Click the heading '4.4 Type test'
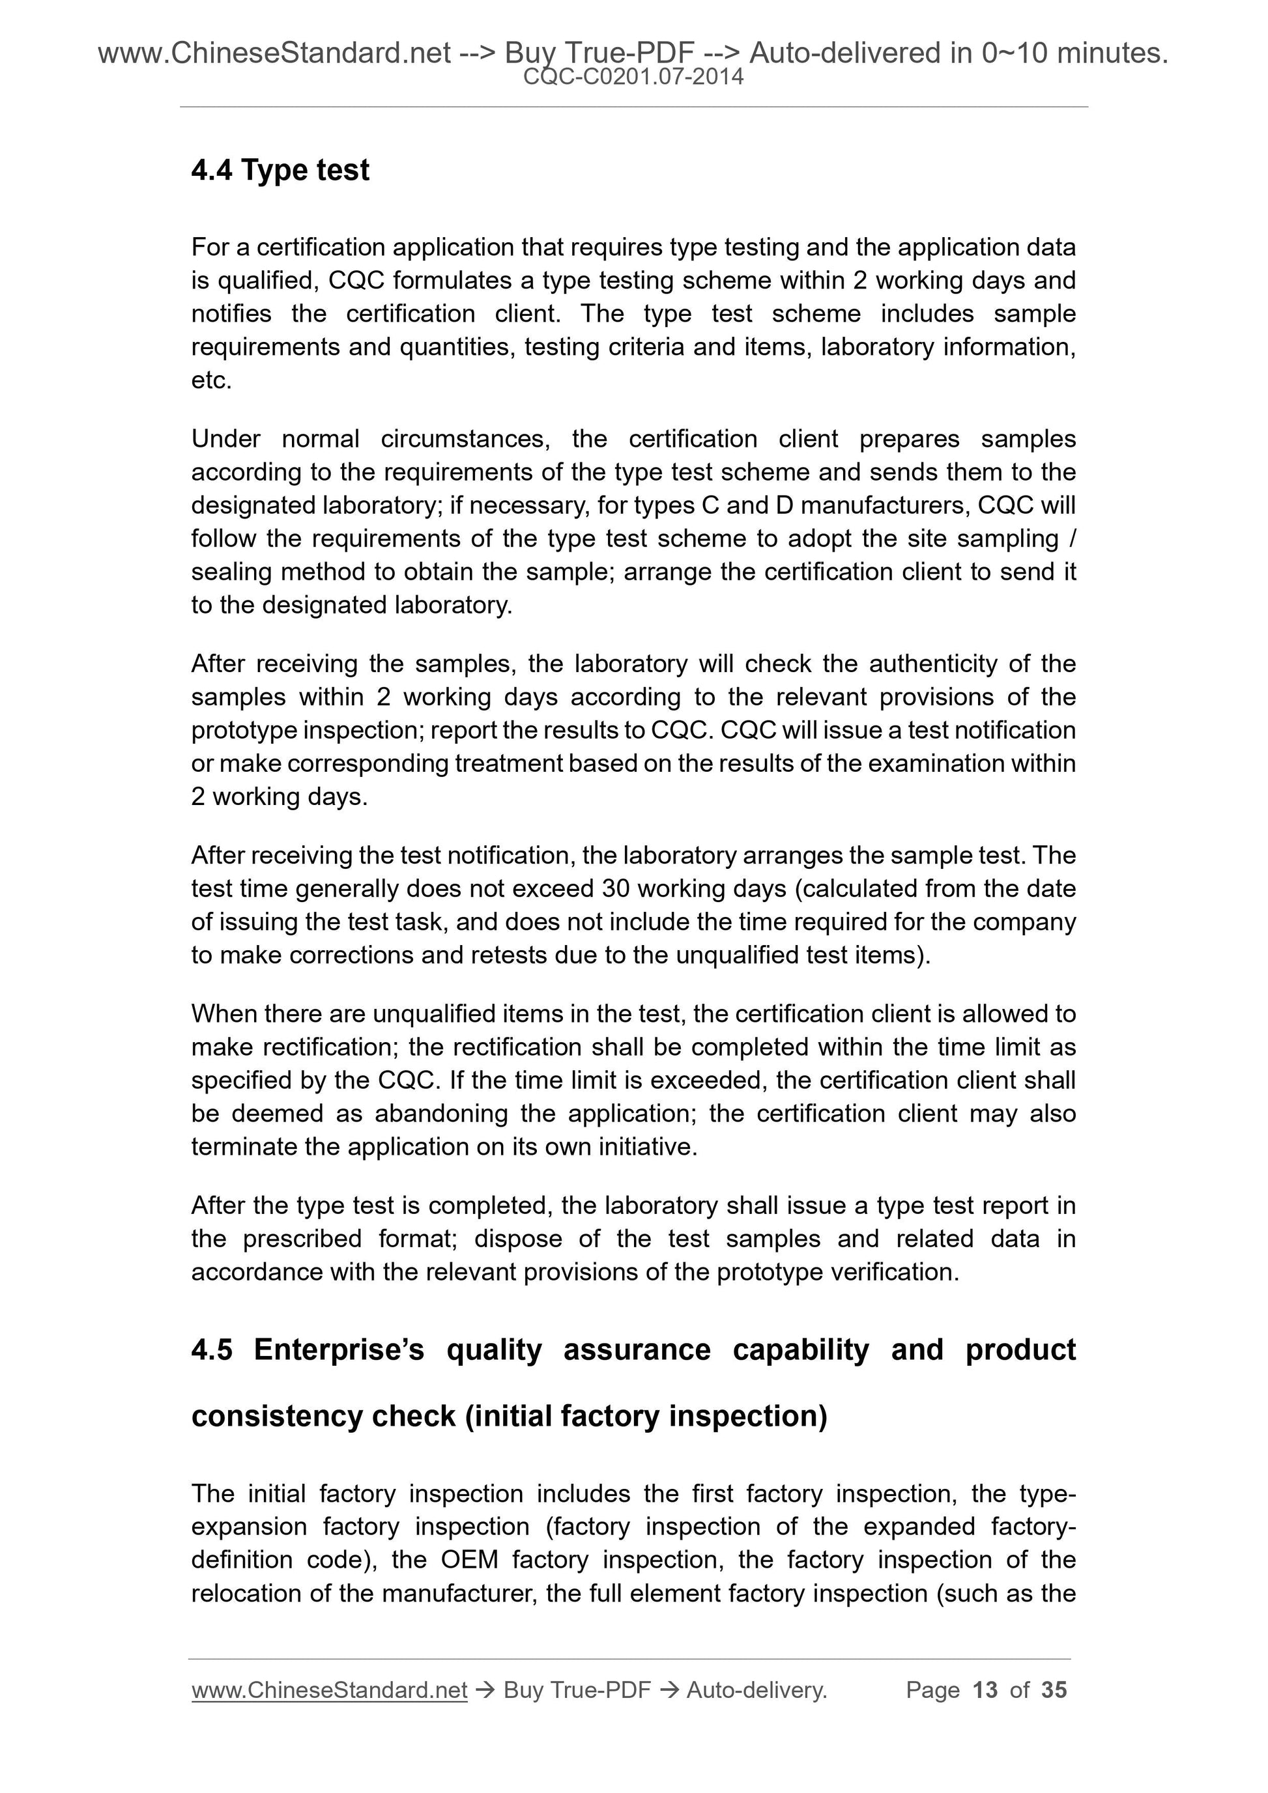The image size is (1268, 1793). (x=280, y=170)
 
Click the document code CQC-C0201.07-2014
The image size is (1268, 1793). (x=633, y=78)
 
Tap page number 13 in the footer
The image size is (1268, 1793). (x=985, y=1690)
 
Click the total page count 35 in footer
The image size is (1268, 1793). (x=1054, y=1690)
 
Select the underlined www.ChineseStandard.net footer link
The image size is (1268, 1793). (x=329, y=1690)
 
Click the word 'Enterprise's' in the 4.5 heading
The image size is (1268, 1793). (x=338, y=1349)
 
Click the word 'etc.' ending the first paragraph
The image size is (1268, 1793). (x=212, y=380)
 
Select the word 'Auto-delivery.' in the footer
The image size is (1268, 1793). (x=756, y=1690)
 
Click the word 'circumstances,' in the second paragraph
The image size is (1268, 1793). (x=465, y=439)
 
